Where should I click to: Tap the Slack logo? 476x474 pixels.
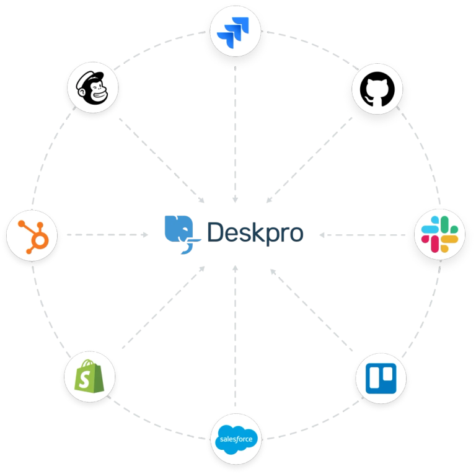click(x=439, y=235)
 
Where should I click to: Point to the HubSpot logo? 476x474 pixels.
click(x=32, y=235)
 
